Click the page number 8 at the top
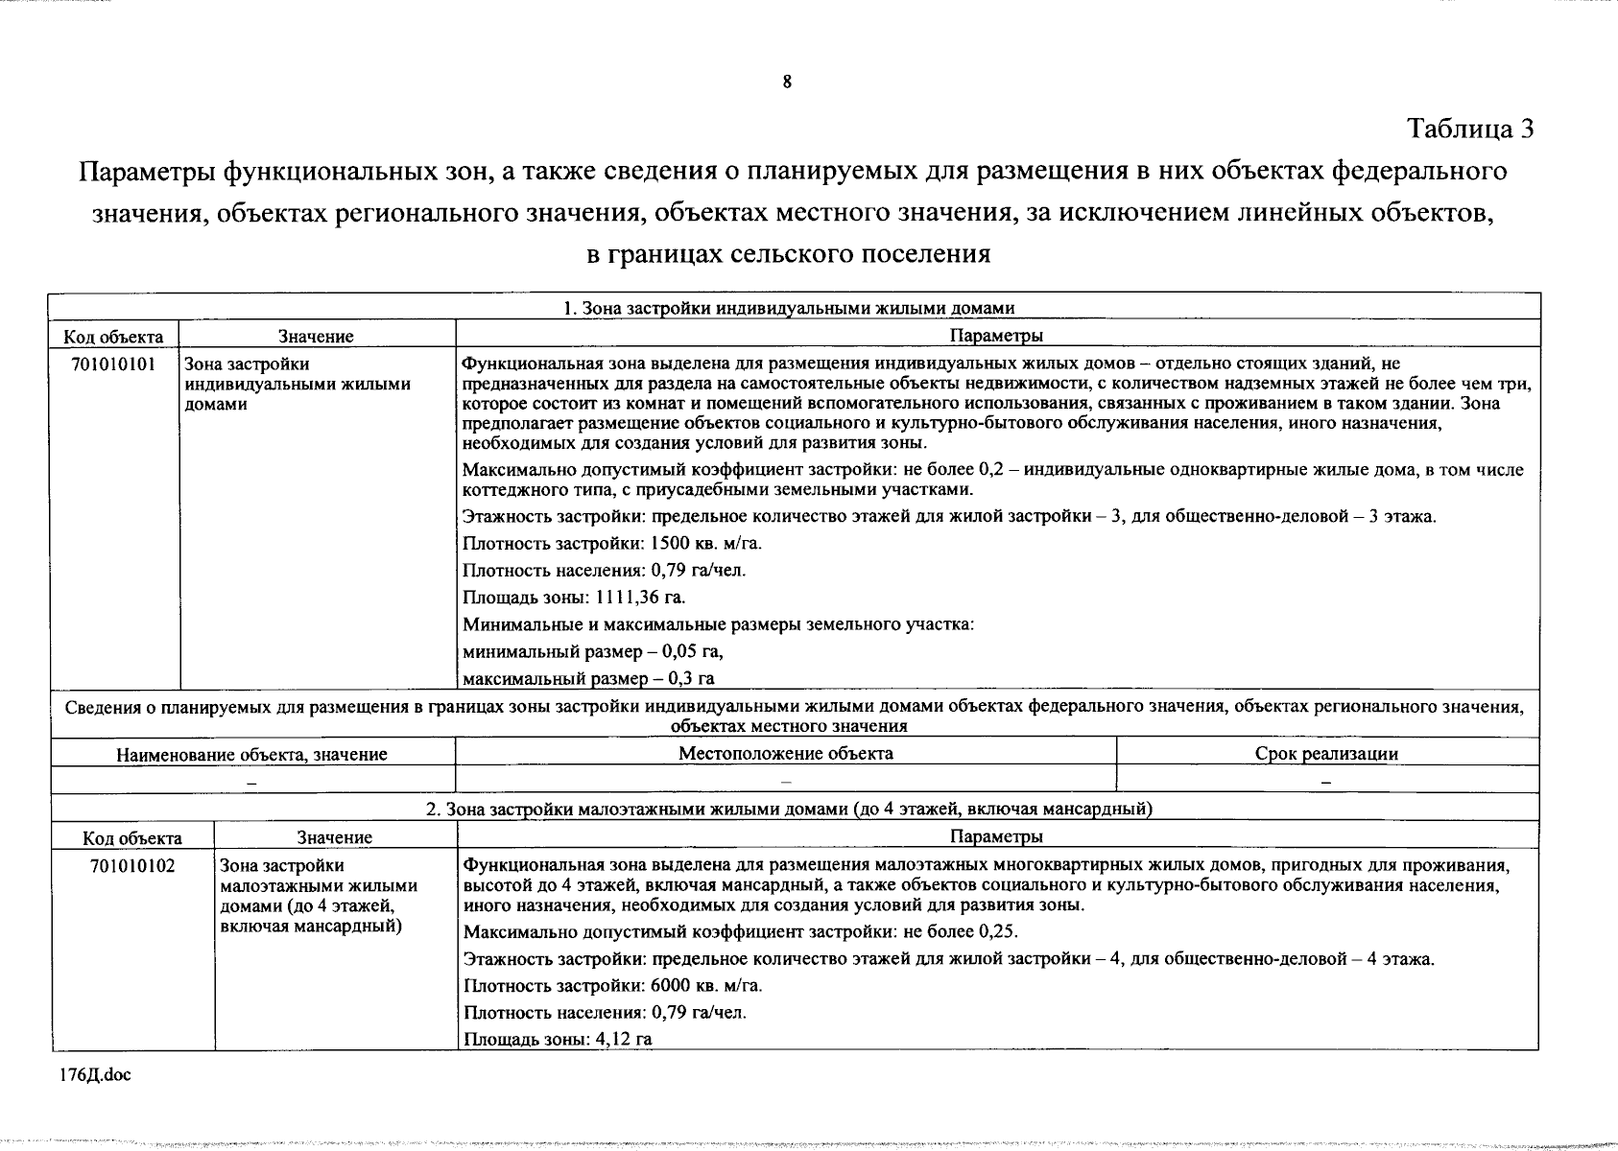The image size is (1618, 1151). tap(787, 82)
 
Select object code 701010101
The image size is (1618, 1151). tap(113, 364)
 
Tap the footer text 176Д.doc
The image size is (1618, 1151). tap(95, 1075)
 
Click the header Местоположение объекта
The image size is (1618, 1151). tap(785, 754)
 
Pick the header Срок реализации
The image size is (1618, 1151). tap(1326, 754)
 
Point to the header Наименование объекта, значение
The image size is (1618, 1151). tap(251, 755)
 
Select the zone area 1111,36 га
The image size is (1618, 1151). tap(641, 598)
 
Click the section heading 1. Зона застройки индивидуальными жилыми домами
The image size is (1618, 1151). tap(789, 308)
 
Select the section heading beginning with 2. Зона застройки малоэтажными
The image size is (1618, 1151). tap(789, 809)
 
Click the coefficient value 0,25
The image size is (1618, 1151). tap(997, 931)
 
